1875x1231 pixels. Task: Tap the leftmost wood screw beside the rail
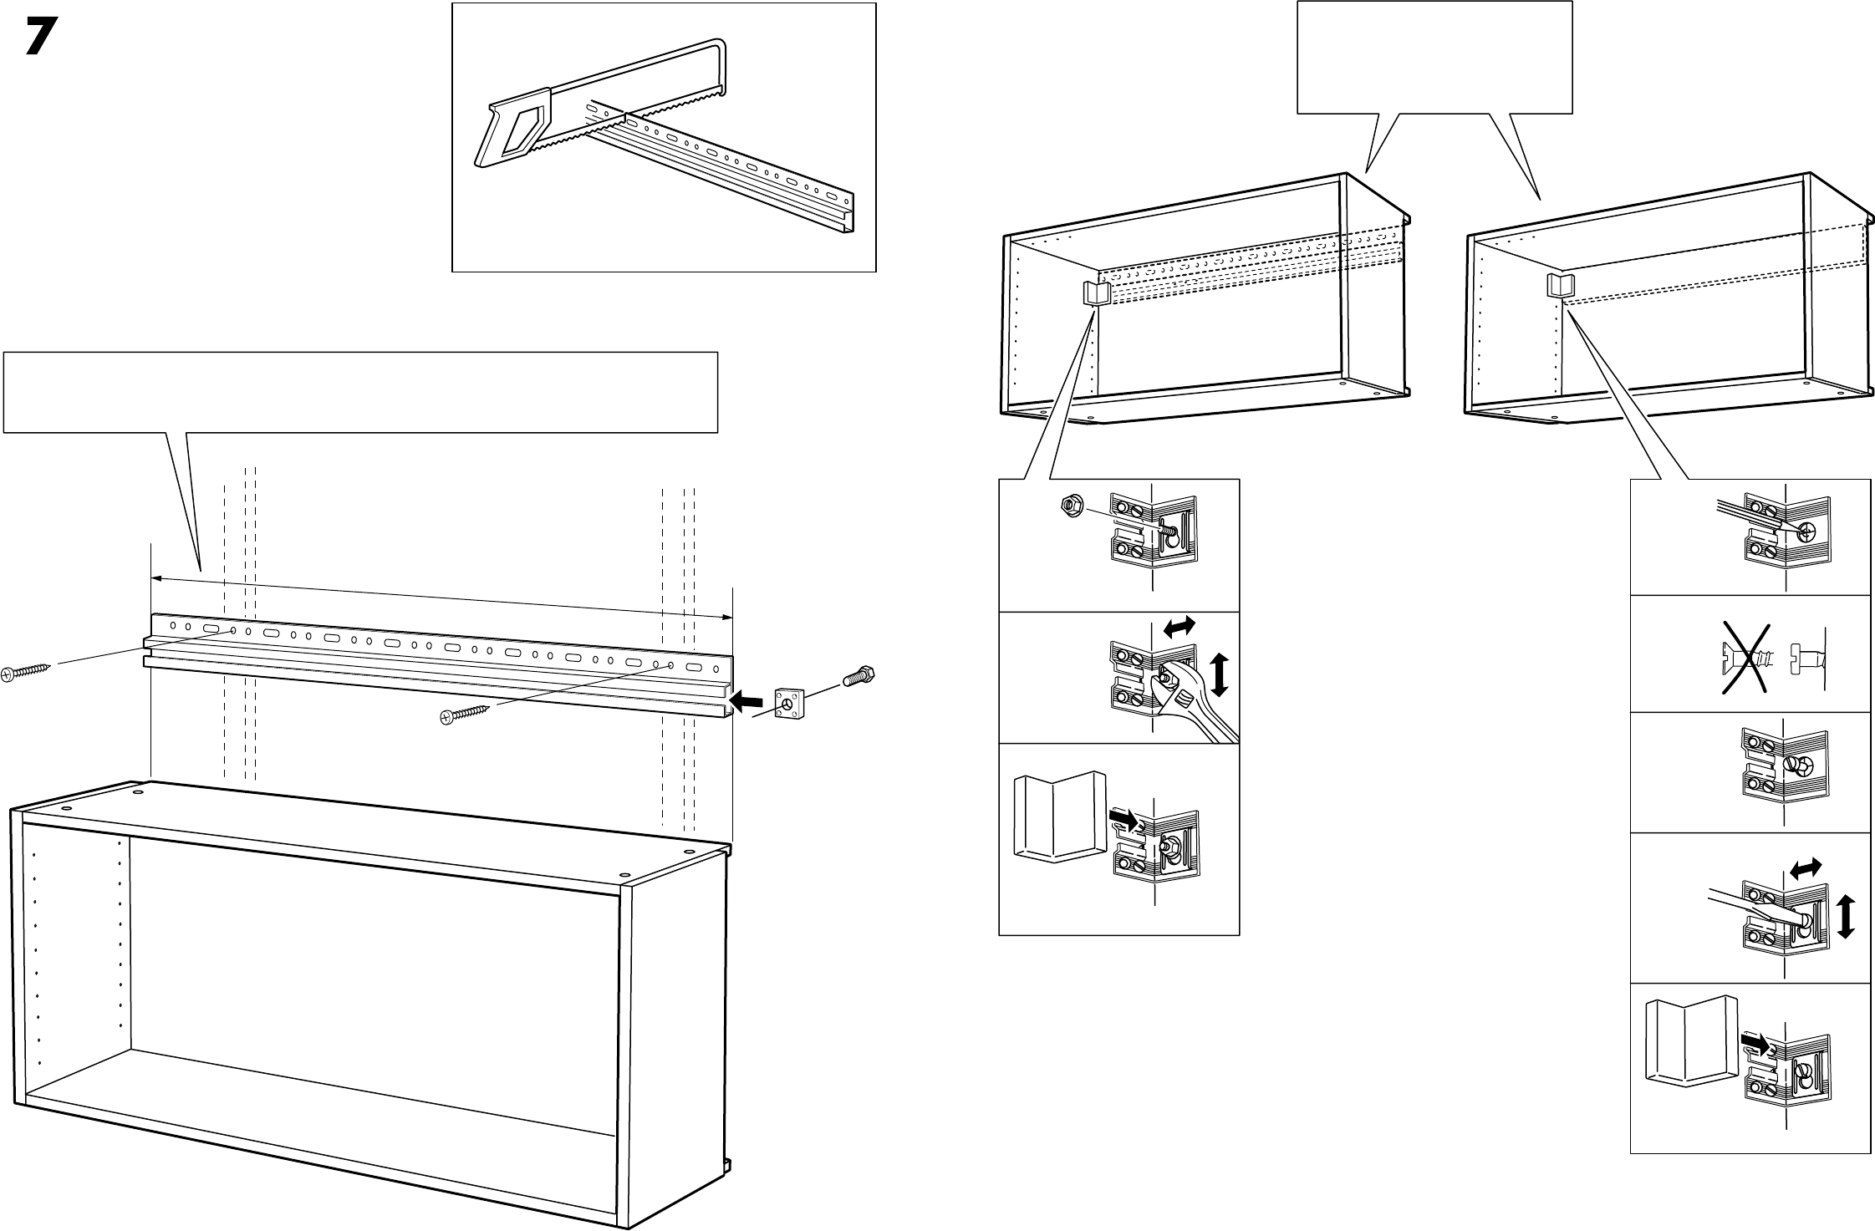coord(26,671)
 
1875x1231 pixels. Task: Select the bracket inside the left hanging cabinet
coord(1095,293)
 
